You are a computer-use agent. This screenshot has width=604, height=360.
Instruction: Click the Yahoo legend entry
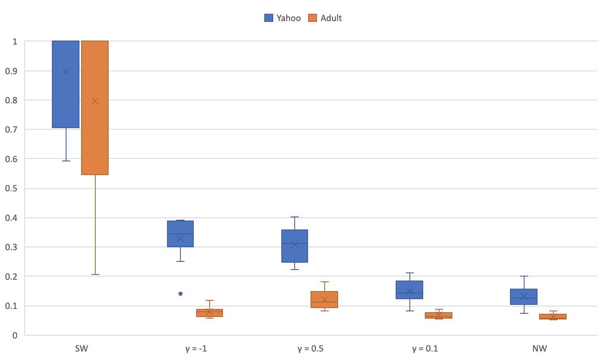coord(282,18)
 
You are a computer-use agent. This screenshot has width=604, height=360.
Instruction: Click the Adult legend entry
coord(325,18)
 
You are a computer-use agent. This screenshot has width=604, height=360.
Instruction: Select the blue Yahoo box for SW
coord(66,84)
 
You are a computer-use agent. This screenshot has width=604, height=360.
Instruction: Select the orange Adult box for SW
coord(95,107)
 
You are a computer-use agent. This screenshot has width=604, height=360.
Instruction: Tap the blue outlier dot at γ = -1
coord(180,294)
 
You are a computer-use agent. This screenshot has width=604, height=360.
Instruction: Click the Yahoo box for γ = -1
coord(180,234)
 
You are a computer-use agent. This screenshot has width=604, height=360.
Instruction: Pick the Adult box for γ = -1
coord(210,313)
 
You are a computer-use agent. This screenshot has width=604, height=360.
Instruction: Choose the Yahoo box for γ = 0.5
coord(295,246)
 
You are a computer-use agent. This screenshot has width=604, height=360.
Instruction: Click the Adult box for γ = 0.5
coord(324,299)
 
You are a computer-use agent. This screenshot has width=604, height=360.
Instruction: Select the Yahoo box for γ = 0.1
coord(409,290)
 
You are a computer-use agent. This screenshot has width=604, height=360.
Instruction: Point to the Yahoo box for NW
coord(524,297)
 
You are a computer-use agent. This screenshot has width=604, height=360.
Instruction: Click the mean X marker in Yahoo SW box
coord(66,72)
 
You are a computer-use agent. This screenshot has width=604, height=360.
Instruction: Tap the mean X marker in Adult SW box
coord(95,101)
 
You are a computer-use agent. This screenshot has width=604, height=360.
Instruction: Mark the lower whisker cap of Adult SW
coord(95,274)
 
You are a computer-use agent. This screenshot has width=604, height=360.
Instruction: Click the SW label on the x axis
coord(81,349)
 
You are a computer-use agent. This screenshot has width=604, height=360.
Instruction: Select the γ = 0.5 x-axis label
coord(311,349)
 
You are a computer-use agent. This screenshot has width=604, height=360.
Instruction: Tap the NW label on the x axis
coord(540,349)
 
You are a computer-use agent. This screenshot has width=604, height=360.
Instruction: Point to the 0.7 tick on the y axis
coord(11,129)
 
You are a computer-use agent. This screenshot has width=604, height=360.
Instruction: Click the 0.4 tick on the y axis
coord(11,218)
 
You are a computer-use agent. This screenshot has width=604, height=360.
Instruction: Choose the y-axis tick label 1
coord(15,41)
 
